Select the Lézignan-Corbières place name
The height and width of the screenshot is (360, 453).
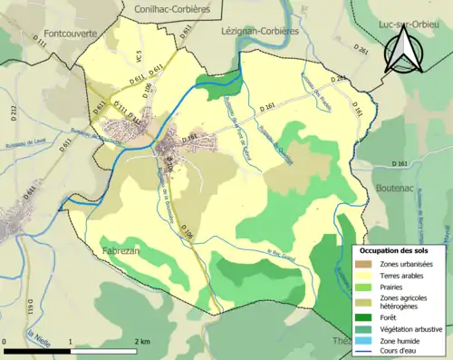click(x=265, y=29)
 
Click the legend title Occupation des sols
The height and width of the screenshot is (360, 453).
click(x=394, y=249)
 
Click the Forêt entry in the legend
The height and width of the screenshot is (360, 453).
click(x=393, y=317)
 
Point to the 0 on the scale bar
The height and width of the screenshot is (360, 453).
click(x=5, y=340)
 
